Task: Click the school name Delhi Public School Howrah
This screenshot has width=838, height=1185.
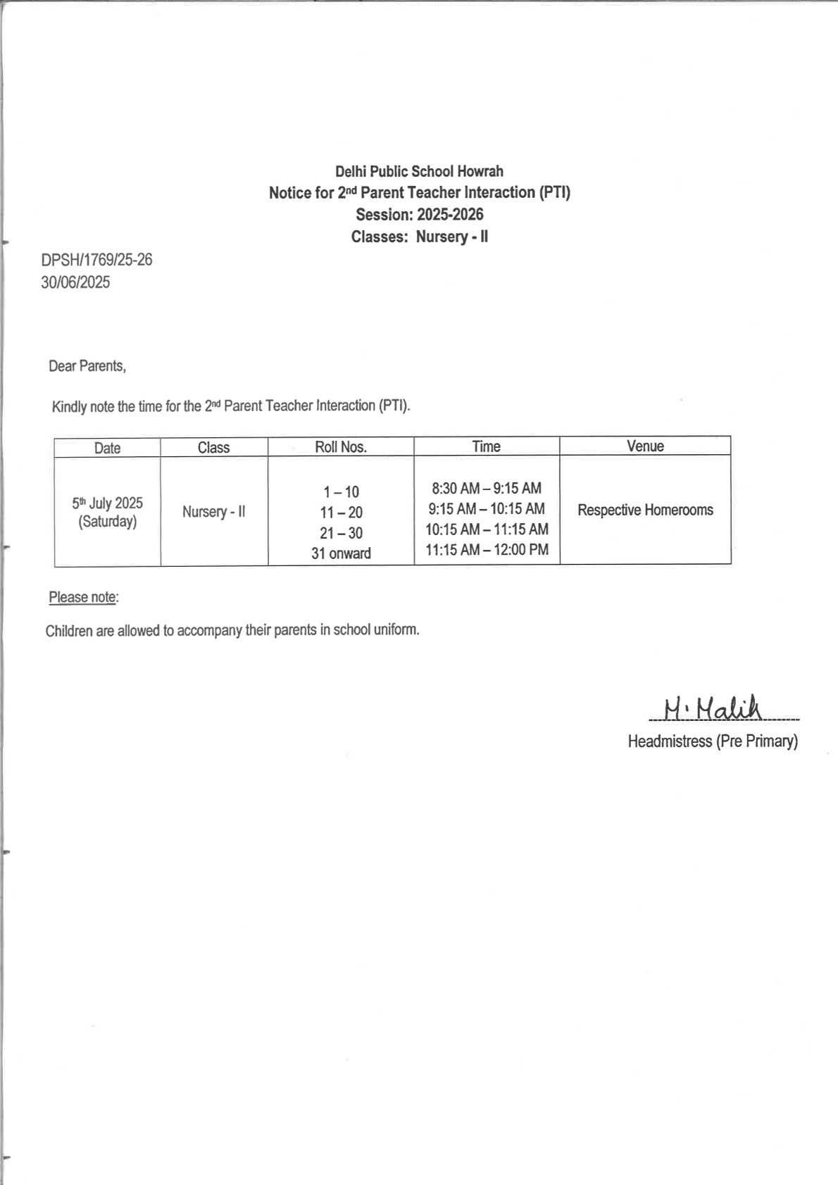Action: pos(419,171)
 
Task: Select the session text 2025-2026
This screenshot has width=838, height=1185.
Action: pos(450,215)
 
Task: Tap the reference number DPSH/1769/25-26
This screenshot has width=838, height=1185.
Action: pos(96,260)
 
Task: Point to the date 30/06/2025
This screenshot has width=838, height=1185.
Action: pos(75,282)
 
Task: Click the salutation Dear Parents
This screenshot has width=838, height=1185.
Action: pos(87,366)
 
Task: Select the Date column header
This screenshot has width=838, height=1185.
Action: pos(107,448)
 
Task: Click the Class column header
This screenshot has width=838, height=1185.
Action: pos(213,447)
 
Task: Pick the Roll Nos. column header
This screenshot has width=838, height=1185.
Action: pos(341,446)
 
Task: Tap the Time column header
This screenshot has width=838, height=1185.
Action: pos(486,446)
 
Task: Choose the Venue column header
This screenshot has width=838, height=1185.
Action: pos(645,446)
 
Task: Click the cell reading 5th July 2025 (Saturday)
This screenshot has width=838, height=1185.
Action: pos(107,512)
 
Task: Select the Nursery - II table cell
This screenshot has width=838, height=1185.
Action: pos(213,512)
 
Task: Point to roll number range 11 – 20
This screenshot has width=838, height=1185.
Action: pos(341,513)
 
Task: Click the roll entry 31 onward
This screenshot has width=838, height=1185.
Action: pos(341,553)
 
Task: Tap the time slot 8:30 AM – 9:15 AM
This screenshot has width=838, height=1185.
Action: pos(487,488)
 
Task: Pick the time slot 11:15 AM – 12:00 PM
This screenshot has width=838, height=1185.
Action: pos(487,550)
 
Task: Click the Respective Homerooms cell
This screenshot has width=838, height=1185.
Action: pos(645,510)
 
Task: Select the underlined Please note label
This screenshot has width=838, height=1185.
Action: pos(82,597)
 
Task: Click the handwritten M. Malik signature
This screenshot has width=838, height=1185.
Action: pos(712,708)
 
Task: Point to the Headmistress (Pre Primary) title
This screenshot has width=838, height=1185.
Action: pos(713,741)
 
